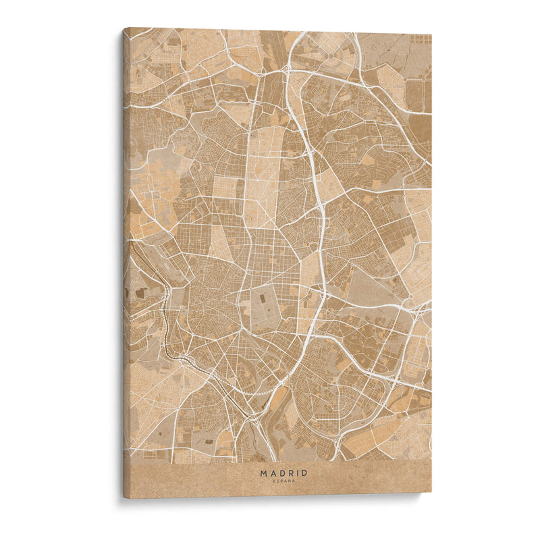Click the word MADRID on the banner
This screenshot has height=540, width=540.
click(283, 473)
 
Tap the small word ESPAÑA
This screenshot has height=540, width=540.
click(283, 481)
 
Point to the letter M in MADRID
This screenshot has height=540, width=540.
click(263, 473)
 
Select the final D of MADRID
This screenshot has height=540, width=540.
click(304, 473)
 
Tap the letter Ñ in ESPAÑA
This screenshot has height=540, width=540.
click(289, 481)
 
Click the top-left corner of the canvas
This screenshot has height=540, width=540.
click(124, 28)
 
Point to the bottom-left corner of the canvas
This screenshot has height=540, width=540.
click(124, 498)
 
